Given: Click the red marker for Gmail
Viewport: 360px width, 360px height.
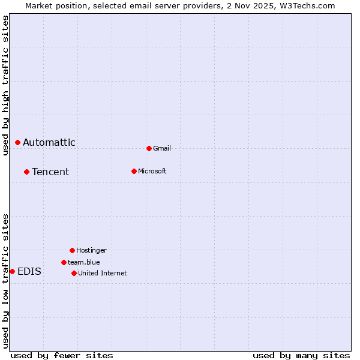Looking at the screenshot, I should click(x=149, y=148).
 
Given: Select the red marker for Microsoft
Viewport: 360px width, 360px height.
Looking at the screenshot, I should click(x=134, y=171).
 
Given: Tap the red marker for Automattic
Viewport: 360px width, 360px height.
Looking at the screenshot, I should click(x=17, y=142).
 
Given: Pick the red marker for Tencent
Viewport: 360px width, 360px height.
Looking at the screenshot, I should click(x=26, y=172).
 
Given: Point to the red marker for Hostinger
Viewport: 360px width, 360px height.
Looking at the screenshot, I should click(x=72, y=250).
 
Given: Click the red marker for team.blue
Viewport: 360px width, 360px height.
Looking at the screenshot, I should click(x=64, y=262).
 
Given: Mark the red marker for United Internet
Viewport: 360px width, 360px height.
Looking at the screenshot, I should click(x=74, y=273).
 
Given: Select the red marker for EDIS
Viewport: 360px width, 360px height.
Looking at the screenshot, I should click(x=12, y=271).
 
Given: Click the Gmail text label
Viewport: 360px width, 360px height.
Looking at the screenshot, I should click(x=162, y=148).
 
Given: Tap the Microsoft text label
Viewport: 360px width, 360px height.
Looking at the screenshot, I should click(x=152, y=171).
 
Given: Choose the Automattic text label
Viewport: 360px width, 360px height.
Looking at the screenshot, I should click(x=49, y=142).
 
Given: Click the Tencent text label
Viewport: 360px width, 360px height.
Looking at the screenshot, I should click(x=50, y=172).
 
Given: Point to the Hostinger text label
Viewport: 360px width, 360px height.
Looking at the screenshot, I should click(x=91, y=250).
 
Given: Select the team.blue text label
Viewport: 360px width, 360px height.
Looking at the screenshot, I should click(x=83, y=262).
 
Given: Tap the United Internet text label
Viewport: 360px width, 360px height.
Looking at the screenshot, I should click(x=102, y=273).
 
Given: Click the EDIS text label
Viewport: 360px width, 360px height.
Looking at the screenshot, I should click(x=29, y=271).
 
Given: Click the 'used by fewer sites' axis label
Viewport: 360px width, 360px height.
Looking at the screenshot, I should click(x=62, y=355).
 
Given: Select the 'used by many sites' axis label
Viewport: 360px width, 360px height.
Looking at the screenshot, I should click(x=301, y=355).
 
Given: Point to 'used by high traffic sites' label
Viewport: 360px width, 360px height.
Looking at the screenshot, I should click(x=5, y=85).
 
